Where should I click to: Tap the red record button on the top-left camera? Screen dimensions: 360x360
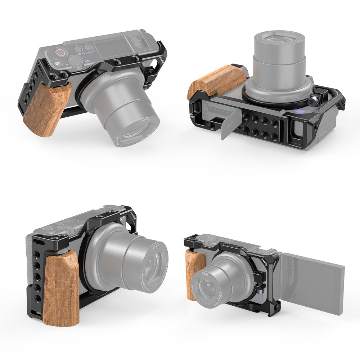pos(62,54)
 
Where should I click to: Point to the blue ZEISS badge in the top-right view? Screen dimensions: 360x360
pos(299,113)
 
